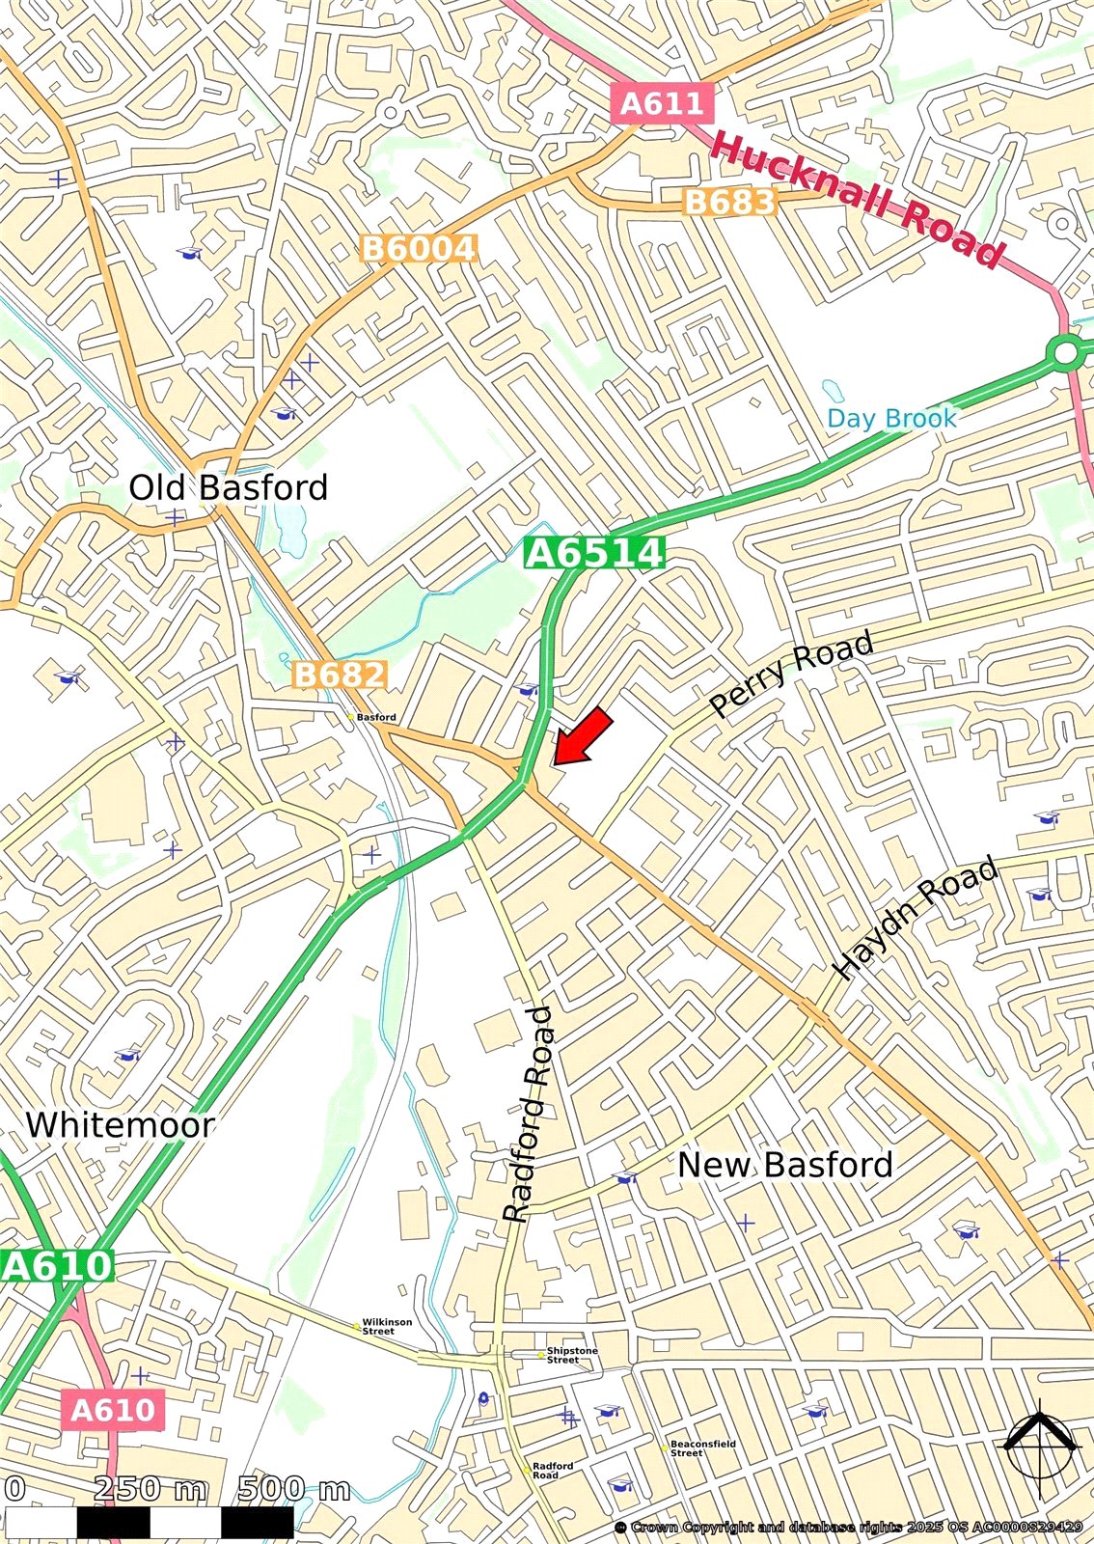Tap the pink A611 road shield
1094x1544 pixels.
pyautogui.click(x=663, y=102)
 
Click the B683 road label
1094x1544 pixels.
pyautogui.click(x=728, y=202)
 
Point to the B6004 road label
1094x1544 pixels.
pyautogui.click(x=419, y=249)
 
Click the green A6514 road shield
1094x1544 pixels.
pyautogui.click(x=594, y=553)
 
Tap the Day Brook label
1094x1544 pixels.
pyautogui.click(x=891, y=418)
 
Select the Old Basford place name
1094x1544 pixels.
pyautogui.click(x=229, y=487)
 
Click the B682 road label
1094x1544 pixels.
pyautogui.click(x=339, y=674)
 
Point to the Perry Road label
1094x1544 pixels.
pyautogui.click(x=791, y=673)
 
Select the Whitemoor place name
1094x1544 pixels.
pyautogui.click(x=120, y=1125)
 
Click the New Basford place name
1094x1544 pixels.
pyautogui.click(x=784, y=1165)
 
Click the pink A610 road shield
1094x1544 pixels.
pyautogui.click(x=113, y=1410)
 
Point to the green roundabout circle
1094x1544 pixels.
pyautogui.click(x=1066, y=353)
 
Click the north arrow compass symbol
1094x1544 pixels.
pyautogui.click(x=1039, y=1445)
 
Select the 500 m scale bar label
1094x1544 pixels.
pyautogui.click(x=293, y=1489)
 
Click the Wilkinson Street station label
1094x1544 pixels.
pyautogui.click(x=386, y=1327)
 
